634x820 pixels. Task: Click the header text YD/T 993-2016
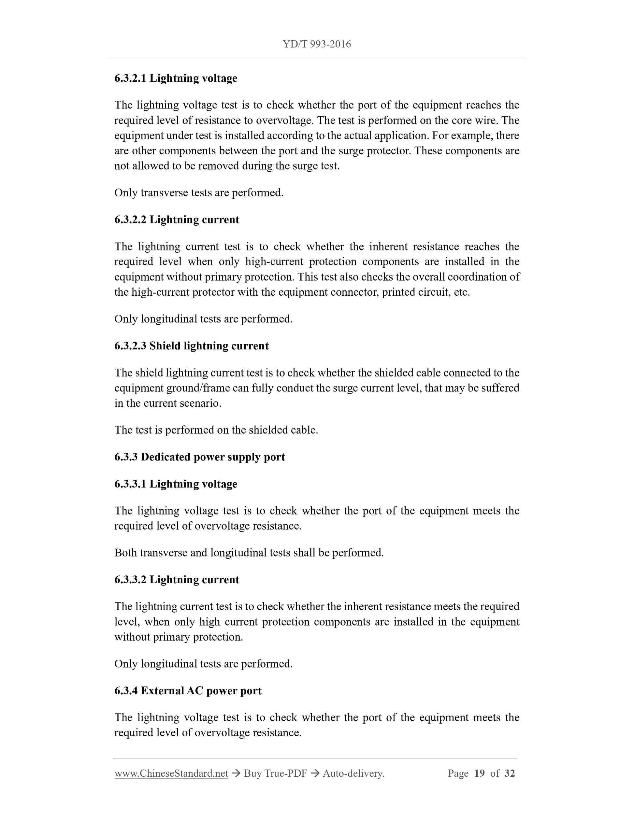point(317,44)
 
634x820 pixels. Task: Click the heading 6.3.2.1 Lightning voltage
point(176,78)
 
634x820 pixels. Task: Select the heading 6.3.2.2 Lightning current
point(177,219)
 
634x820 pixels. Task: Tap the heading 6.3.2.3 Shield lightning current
point(192,346)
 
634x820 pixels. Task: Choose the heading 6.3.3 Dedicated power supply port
point(199,457)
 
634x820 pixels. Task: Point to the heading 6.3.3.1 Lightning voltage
point(176,484)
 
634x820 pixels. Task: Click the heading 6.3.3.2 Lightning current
point(177,579)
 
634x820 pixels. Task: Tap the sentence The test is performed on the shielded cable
point(216,430)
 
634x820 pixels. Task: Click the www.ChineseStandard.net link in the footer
point(171,773)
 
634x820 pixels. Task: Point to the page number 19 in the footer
point(479,773)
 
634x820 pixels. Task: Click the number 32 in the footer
point(509,773)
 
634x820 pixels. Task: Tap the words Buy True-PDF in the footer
point(275,773)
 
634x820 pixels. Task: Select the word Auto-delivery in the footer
point(353,773)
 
